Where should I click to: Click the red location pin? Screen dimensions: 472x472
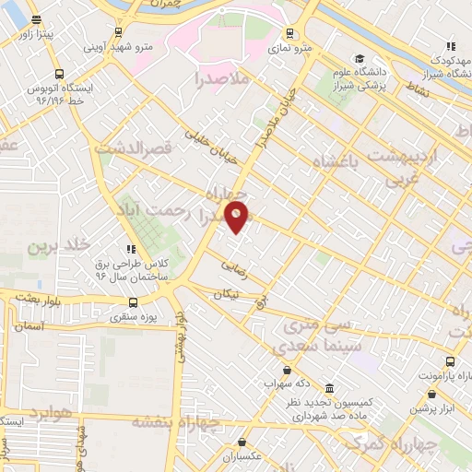[x=237, y=215]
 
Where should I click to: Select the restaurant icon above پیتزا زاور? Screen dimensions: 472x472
[x=35, y=19]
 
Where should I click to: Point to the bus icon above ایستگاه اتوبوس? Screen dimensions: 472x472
[x=60, y=75]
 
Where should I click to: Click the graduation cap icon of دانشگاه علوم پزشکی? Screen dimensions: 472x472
[x=359, y=57]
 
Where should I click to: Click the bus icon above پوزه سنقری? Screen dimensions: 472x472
[x=134, y=302]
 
